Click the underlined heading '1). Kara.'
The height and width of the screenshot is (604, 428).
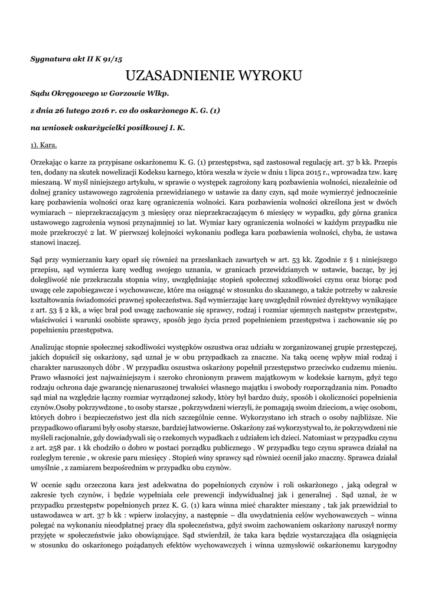pyautogui.click(x=44, y=145)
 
